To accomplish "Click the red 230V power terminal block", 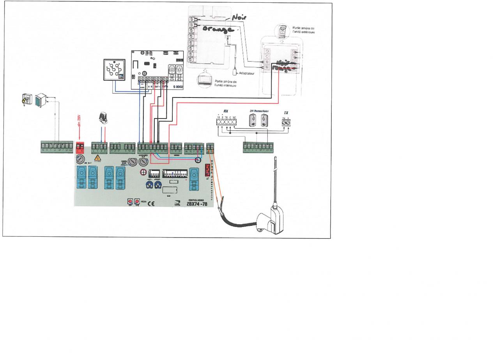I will tap(80, 146).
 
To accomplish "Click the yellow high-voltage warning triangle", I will tap(98, 158).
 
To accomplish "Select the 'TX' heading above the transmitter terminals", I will tap(286, 112).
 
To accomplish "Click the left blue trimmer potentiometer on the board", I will tap(149, 185).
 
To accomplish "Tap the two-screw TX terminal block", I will tap(286, 123).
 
